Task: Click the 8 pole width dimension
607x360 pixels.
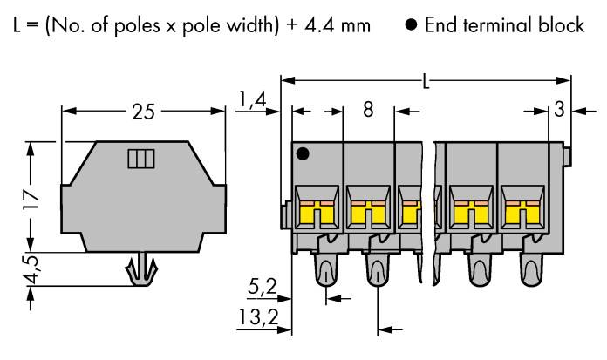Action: point(367,111)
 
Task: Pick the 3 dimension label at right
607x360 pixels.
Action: point(559,110)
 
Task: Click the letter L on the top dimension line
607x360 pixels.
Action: point(425,83)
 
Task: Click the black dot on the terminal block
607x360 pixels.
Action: point(303,154)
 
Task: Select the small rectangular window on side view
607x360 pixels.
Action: point(140,159)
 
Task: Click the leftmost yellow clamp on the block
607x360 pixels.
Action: point(317,210)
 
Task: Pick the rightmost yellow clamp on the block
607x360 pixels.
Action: point(522,210)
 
